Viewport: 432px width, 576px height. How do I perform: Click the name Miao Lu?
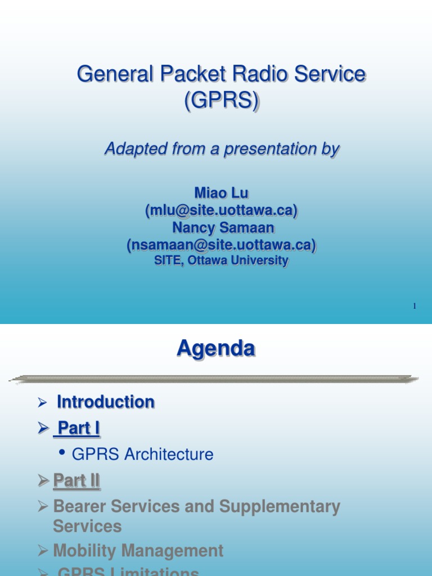221,193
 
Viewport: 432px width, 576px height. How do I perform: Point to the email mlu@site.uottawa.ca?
221,210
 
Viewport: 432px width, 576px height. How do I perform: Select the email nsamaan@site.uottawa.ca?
221,245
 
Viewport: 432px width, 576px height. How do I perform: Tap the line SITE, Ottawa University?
221,261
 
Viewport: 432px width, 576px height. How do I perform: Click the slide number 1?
414,306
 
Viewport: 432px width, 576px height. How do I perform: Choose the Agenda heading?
216,349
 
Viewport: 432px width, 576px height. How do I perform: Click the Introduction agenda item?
106,402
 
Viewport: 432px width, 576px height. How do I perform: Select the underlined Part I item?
78,429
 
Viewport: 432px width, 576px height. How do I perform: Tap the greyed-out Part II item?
76,481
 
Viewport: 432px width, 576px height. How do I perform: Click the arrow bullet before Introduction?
41,403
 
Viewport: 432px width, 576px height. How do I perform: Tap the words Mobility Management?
138,551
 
